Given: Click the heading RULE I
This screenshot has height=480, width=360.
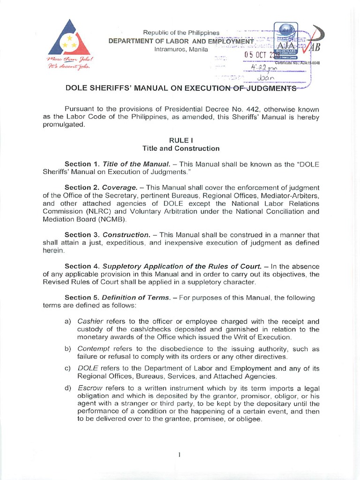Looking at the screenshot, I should tap(181, 140).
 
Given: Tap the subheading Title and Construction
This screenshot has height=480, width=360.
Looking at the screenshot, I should tap(181, 148).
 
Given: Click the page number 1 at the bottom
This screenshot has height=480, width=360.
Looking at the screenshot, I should tap(180, 454).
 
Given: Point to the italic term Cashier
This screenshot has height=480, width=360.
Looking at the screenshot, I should tap(90, 322).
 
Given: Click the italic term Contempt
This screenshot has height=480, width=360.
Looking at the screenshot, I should tap(93, 349).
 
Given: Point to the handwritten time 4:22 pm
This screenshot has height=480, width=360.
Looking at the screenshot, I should tap(265, 67).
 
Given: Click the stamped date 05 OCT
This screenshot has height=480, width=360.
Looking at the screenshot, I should tap(256, 55).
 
